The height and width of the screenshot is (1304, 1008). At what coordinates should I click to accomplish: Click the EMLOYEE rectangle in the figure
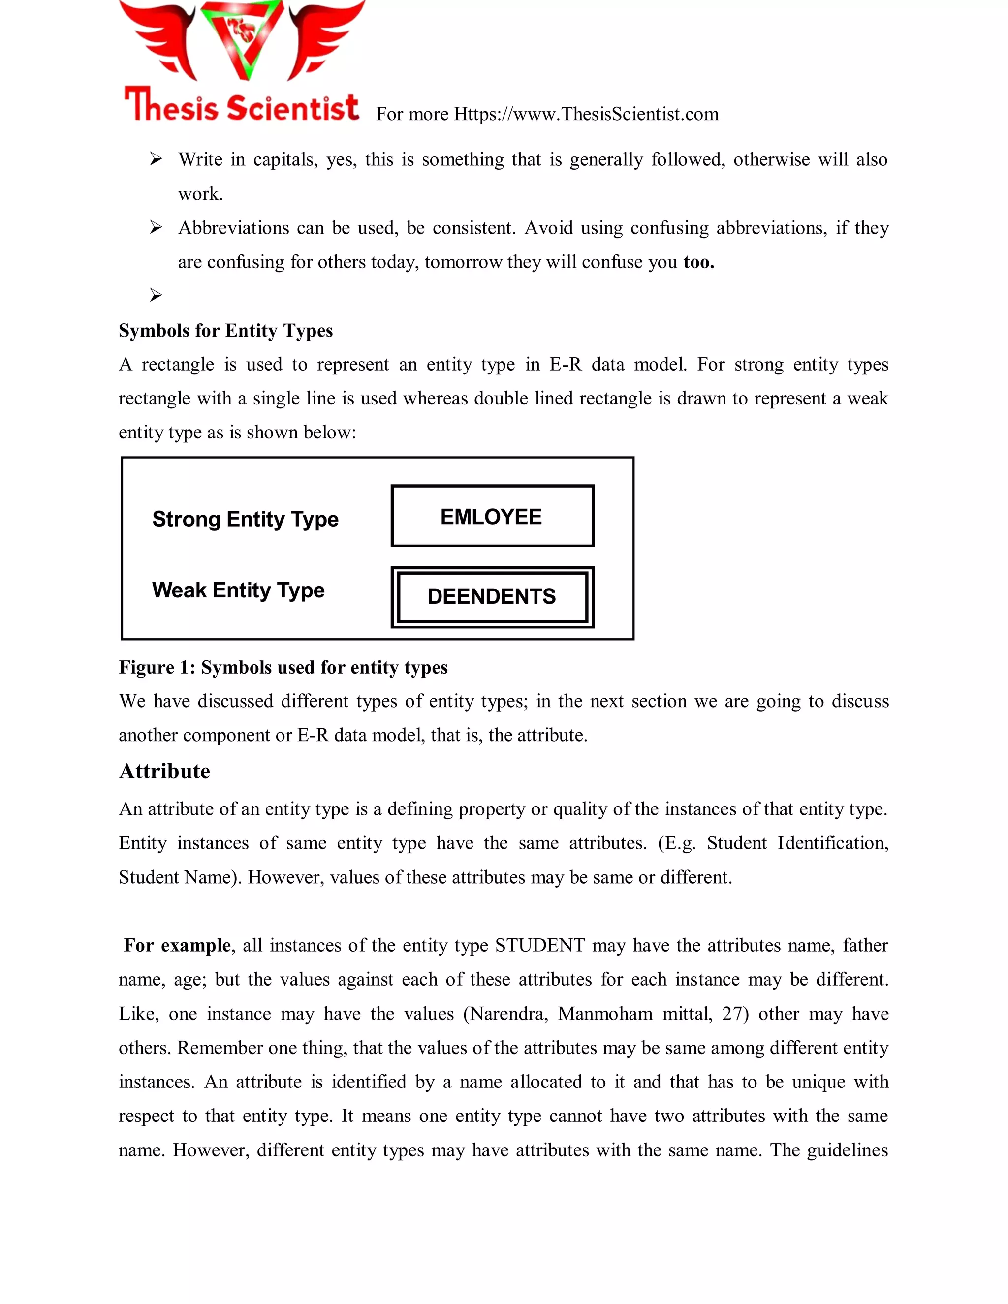pyautogui.click(x=492, y=516)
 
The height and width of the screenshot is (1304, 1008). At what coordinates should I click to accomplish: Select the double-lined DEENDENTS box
pyautogui.click(x=492, y=596)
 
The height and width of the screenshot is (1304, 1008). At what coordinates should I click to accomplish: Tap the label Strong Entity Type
pyautogui.click(x=245, y=519)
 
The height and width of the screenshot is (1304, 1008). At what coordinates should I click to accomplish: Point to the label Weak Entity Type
pyautogui.click(x=238, y=590)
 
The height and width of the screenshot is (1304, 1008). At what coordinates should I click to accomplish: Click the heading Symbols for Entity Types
pyautogui.click(x=226, y=330)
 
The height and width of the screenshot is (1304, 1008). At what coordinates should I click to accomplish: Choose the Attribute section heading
pyautogui.click(x=164, y=771)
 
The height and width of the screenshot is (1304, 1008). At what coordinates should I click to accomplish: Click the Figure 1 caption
pyautogui.click(x=283, y=667)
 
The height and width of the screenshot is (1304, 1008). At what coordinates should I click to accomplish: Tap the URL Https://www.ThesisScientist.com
pyautogui.click(x=586, y=114)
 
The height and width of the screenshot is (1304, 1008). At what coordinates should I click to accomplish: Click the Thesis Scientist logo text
pyautogui.click(x=241, y=106)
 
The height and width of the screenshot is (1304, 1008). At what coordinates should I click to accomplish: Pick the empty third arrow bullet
pyautogui.click(x=156, y=295)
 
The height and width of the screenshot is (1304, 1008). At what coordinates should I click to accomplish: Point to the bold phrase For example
pyautogui.click(x=177, y=945)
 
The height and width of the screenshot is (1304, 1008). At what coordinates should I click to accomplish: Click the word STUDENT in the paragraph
pyautogui.click(x=540, y=945)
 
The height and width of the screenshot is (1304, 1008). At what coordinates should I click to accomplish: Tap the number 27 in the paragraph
pyautogui.click(x=734, y=1014)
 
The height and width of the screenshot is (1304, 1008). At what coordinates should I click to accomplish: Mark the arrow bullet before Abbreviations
pyautogui.click(x=156, y=227)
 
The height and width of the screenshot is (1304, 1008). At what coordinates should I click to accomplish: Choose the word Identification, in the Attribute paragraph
pyautogui.click(x=833, y=843)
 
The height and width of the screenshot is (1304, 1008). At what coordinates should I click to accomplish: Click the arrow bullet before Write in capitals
pyautogui.click(x=156, y=159)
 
